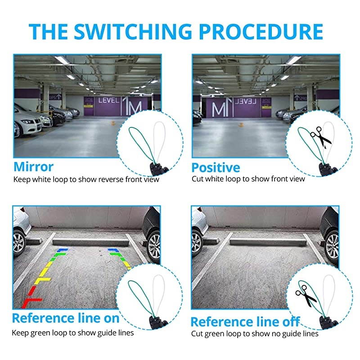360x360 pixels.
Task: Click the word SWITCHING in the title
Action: point(133,31)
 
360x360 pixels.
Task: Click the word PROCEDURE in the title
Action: point(261,31)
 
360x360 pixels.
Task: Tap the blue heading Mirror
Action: point(33,166)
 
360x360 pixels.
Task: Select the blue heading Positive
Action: point(216,167)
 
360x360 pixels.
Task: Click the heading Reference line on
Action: point(66,318)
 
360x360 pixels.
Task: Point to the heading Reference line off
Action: point(245,322)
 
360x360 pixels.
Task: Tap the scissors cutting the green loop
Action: point(306,296)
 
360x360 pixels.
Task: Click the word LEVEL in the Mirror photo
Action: point(109,100)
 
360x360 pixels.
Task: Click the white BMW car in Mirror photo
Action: point(27,123)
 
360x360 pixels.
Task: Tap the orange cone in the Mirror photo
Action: point(113,123)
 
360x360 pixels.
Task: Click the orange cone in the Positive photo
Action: point(241,125)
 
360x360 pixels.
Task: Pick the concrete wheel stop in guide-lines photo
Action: point(91,242)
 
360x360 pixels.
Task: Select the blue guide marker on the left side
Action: point(62,250)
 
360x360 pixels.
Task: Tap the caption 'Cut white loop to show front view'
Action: point(248,179)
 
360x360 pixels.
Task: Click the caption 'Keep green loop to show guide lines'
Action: point(73,333)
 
